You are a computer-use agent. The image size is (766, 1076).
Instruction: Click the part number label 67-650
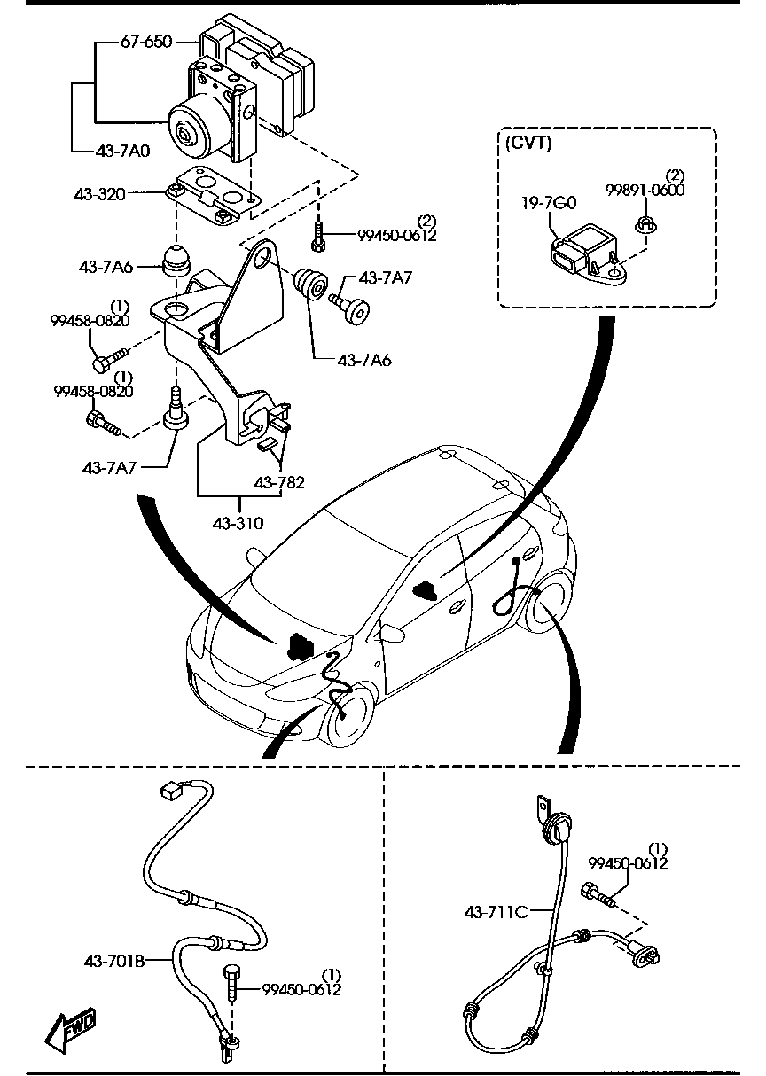point(146,41)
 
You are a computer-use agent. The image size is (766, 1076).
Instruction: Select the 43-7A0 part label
point(123,151)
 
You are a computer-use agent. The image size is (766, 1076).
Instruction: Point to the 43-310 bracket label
point(238,523)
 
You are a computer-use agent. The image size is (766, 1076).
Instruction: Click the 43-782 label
point(279,483)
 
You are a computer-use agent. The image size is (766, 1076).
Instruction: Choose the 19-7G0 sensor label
point(549,203)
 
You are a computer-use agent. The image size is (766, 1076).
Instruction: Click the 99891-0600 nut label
point(645,190)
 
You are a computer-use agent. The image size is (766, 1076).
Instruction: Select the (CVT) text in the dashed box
point(528,144)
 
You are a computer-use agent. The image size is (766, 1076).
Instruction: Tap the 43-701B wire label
point(114,959)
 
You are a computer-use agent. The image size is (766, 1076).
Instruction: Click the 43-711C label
point(496,910)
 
